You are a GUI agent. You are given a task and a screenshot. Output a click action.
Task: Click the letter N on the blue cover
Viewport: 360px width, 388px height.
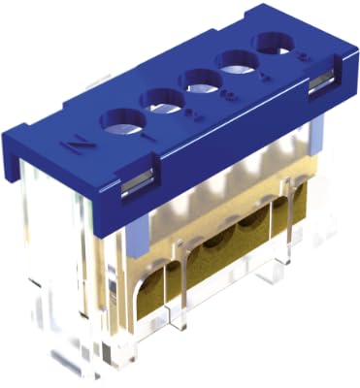point(72,148)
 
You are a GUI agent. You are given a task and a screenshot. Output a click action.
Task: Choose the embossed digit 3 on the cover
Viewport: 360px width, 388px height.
point(217,98)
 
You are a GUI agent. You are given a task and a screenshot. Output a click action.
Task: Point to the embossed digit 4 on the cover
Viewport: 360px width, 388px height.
point(255,79)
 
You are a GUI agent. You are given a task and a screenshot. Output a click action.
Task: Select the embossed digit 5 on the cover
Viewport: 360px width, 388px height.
point(291,61)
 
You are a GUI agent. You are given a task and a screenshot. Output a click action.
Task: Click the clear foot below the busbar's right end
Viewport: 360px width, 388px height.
point(291,291)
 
